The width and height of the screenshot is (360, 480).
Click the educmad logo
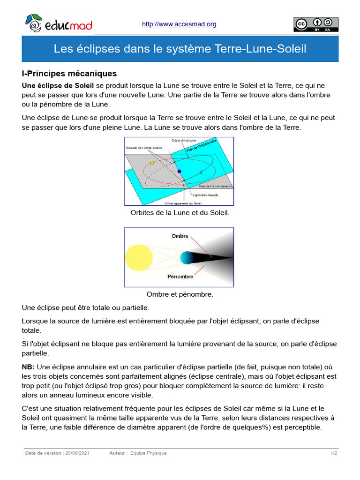pyautogui.click(x=58, y=24)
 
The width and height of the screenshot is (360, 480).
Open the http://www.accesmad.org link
pyautogui.click(x=179, y=24)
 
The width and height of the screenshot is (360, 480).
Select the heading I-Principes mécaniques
pyautogui.click(x=69, y=74)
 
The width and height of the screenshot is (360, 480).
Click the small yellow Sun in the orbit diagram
pyautogui.click(x=152, y=163)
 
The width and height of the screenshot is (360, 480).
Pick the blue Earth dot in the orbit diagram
pyautogui.click(x=179, y=172)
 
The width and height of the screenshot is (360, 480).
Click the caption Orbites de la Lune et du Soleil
pyautogui.click(x=180, y=213)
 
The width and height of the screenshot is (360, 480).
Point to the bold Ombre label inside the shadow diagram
pyautogui.click(x=180, y=236)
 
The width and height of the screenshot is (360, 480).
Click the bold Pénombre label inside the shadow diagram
pyautogui.click(x=180, y=277)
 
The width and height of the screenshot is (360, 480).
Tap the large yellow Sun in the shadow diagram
pyautogui.click(x=139, y=257)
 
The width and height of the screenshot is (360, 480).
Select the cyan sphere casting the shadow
pyautogui.click(x=187, y=257)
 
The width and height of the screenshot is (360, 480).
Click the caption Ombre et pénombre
pyautogui.click(x=180, y=294)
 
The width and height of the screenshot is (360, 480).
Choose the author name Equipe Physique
pyautogui.click(x=149, y=453)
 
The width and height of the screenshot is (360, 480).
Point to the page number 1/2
pyautogui.click(x=334, y=453)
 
